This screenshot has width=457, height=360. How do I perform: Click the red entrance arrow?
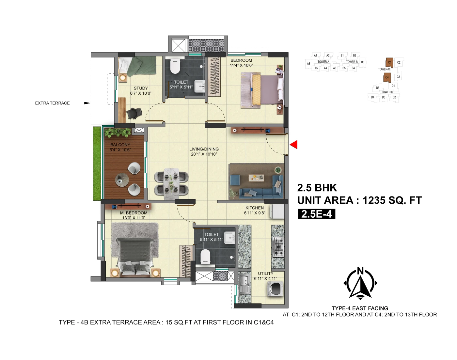(294, 145)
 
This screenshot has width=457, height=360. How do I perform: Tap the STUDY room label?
(141, 88)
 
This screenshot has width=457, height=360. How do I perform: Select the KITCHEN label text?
(254, 208)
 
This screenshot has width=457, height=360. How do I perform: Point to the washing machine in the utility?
(275, 289)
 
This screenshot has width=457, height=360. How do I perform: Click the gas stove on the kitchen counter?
(278, 247)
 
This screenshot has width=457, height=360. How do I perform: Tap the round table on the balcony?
(122, 180)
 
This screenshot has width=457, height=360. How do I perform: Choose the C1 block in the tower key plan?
(389, 62)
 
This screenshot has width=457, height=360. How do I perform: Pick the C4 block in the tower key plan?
(387, 77)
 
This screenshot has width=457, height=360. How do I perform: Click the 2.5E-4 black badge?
(316, 214)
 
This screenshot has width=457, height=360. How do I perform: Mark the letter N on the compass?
(360, 271)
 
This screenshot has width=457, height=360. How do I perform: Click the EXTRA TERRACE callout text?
(52, 103)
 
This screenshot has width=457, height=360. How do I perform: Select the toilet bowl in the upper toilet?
(175, 66)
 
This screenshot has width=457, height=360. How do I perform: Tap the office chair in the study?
(134, 113)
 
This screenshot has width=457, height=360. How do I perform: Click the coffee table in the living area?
(256, 178)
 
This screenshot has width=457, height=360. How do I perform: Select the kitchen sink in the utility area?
(244, 284)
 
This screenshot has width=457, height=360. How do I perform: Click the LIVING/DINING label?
(204, 149)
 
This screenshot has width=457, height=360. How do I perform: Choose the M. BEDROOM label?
(134, 213)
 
